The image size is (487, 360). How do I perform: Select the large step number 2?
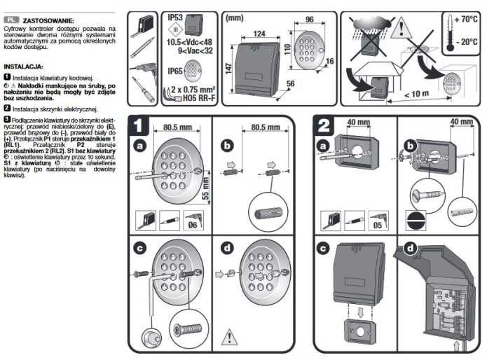(324, 126)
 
